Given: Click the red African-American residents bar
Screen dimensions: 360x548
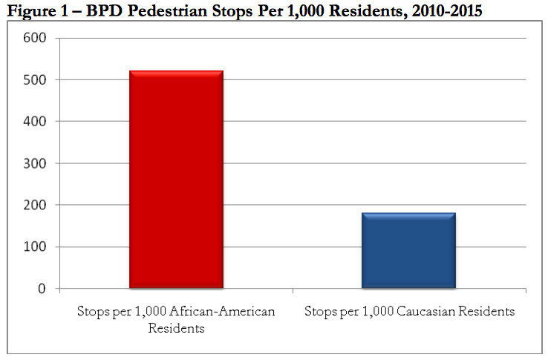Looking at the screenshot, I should (x=176, y=179).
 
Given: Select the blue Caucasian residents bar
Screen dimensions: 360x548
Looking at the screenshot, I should (x=408, y=250).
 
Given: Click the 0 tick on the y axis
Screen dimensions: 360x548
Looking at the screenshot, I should (x=42, y=289).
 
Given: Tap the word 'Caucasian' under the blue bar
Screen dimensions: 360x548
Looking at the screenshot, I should (x=431, y=311).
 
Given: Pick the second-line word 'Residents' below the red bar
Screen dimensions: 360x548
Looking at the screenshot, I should (x=176, y=328).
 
